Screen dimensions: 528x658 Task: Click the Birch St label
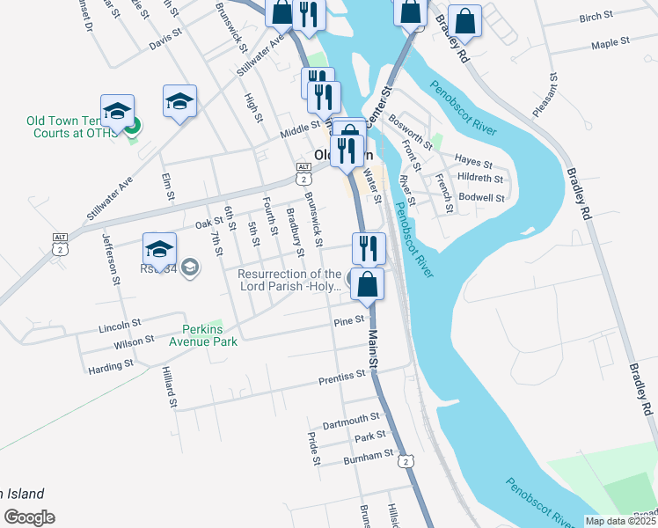[596, 17]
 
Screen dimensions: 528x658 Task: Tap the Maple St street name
[610, 42]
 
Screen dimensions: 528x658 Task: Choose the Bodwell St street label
[481, 198]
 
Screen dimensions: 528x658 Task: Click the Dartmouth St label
[351, 417]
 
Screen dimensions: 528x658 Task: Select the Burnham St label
[369, 456]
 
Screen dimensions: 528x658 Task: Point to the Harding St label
[111, 363]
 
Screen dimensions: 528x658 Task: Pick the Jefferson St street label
[111, 259]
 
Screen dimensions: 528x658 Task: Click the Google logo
[29, 517]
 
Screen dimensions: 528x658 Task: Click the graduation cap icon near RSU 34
[159, 247]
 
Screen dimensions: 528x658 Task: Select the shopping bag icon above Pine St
[369, 284]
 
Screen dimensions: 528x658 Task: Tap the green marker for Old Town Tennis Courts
[132, 128]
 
